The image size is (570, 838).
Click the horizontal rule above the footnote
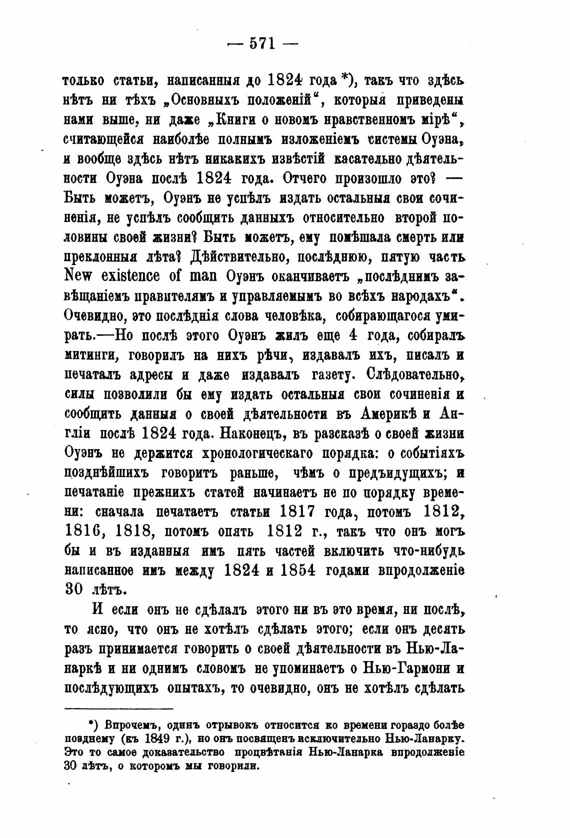tap(119, 708)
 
